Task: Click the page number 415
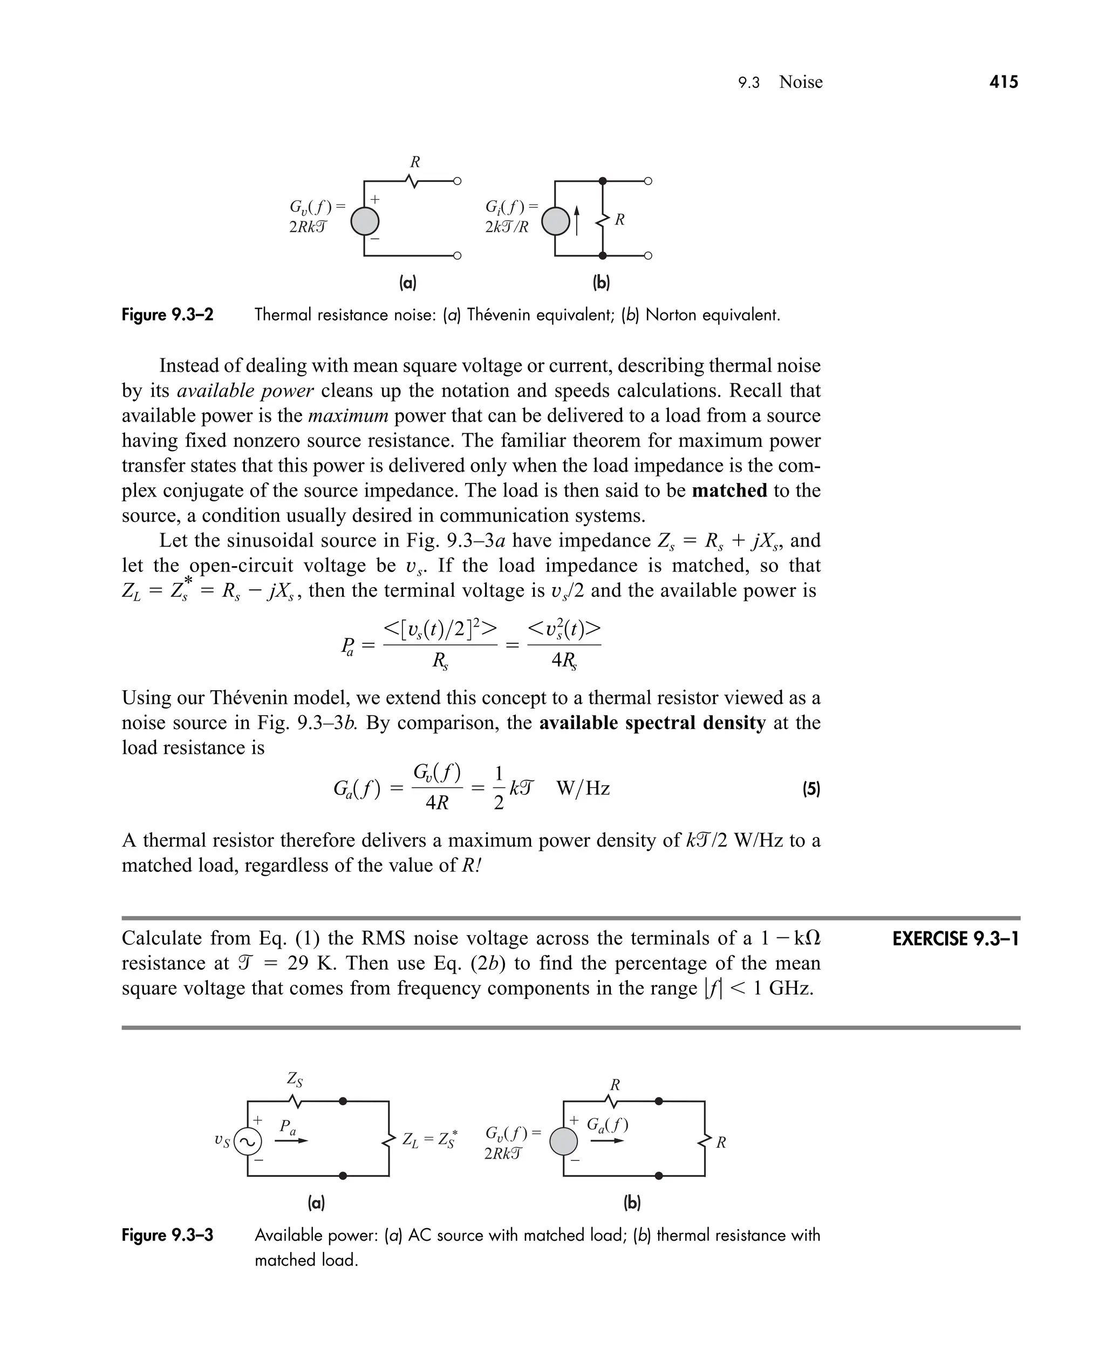1003,81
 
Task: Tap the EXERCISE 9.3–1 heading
955,939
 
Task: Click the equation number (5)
810,790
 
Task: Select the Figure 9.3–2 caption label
167,315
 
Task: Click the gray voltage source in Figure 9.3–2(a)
365,222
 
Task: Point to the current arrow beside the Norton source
577,220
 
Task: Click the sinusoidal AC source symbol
247,1142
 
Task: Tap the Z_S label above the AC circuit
294,1079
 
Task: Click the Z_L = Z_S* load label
429,1139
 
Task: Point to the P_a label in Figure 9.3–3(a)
288,1126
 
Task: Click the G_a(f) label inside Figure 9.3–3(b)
606,1124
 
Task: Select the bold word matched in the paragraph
729,490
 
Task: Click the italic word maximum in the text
347,416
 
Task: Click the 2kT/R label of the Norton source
507,227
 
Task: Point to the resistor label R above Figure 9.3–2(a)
414,162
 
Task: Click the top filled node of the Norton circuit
602,181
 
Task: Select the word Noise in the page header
800,82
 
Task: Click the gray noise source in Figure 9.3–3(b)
563,1142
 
